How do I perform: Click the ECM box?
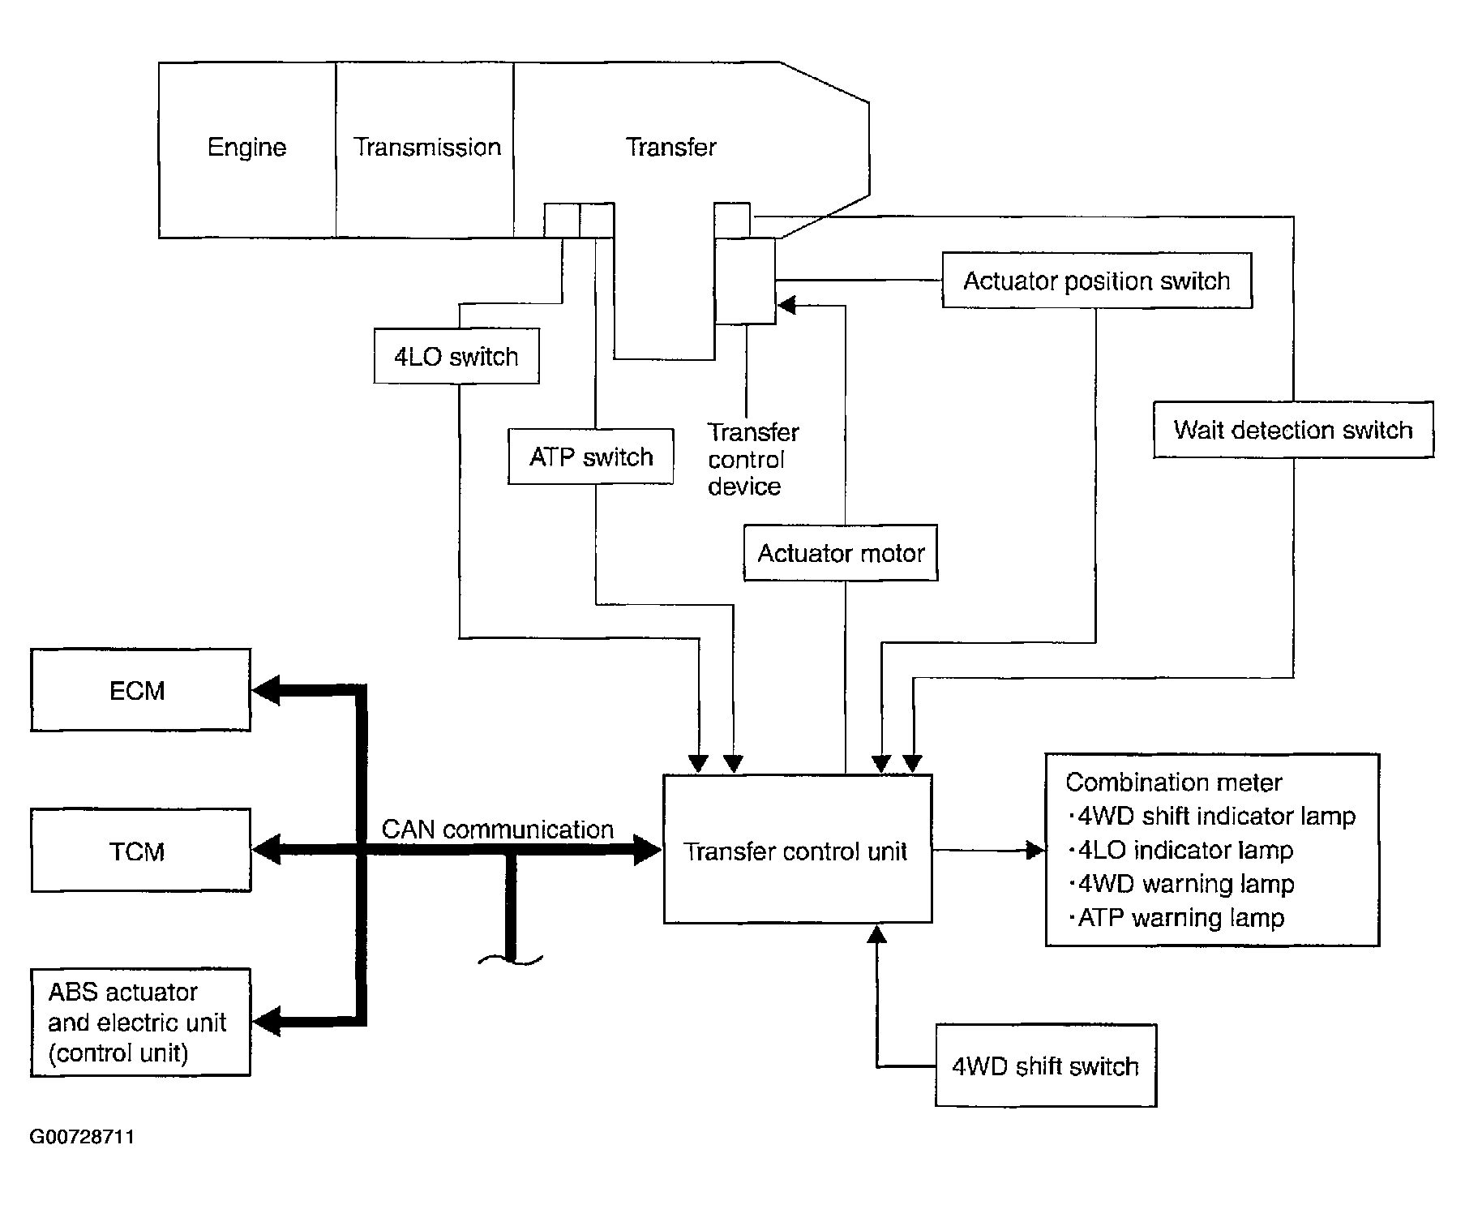pyautogui.click(x=140, y=690)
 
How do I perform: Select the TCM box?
pyautogui.click(x=140, y=850)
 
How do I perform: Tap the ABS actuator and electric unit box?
pyautogui.click(x=140, y=1022)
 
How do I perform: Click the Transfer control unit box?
pyautogui.click(x=798, y=849)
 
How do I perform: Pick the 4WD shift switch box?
pyautogui.click(x=1046, y=1066)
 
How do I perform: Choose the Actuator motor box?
pyautogui.click(x=841, y=553)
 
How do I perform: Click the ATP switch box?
pyautogui.click(x=591, y=457)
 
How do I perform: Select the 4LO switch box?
pyautogui.click(x=456, y=356)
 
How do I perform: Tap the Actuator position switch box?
pyautogui.click(x=1097, y=281)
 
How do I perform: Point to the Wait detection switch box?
pyautogui.click(x=1293, y=430)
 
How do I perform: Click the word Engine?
pyautogui.click(x=247, y=148)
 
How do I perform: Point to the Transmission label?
pyautogui.click(x=427, y=147)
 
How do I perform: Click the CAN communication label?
pyautogui.click(x=498, y=830)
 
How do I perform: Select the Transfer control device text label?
pyautogui.click(x=753, y=459)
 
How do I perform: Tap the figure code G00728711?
pyautogui.click(x=82, y=1137)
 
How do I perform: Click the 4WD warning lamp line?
pyautogui.click(x=1181, y=884)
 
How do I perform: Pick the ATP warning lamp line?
pyautogui.click(x=1176, y=918)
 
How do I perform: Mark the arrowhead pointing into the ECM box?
pyautogui.click(x=265, y=691)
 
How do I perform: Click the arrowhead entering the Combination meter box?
pyautogui.click(x=1036, y=851)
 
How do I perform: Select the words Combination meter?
pyautogui.click(x=1174, y=783)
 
